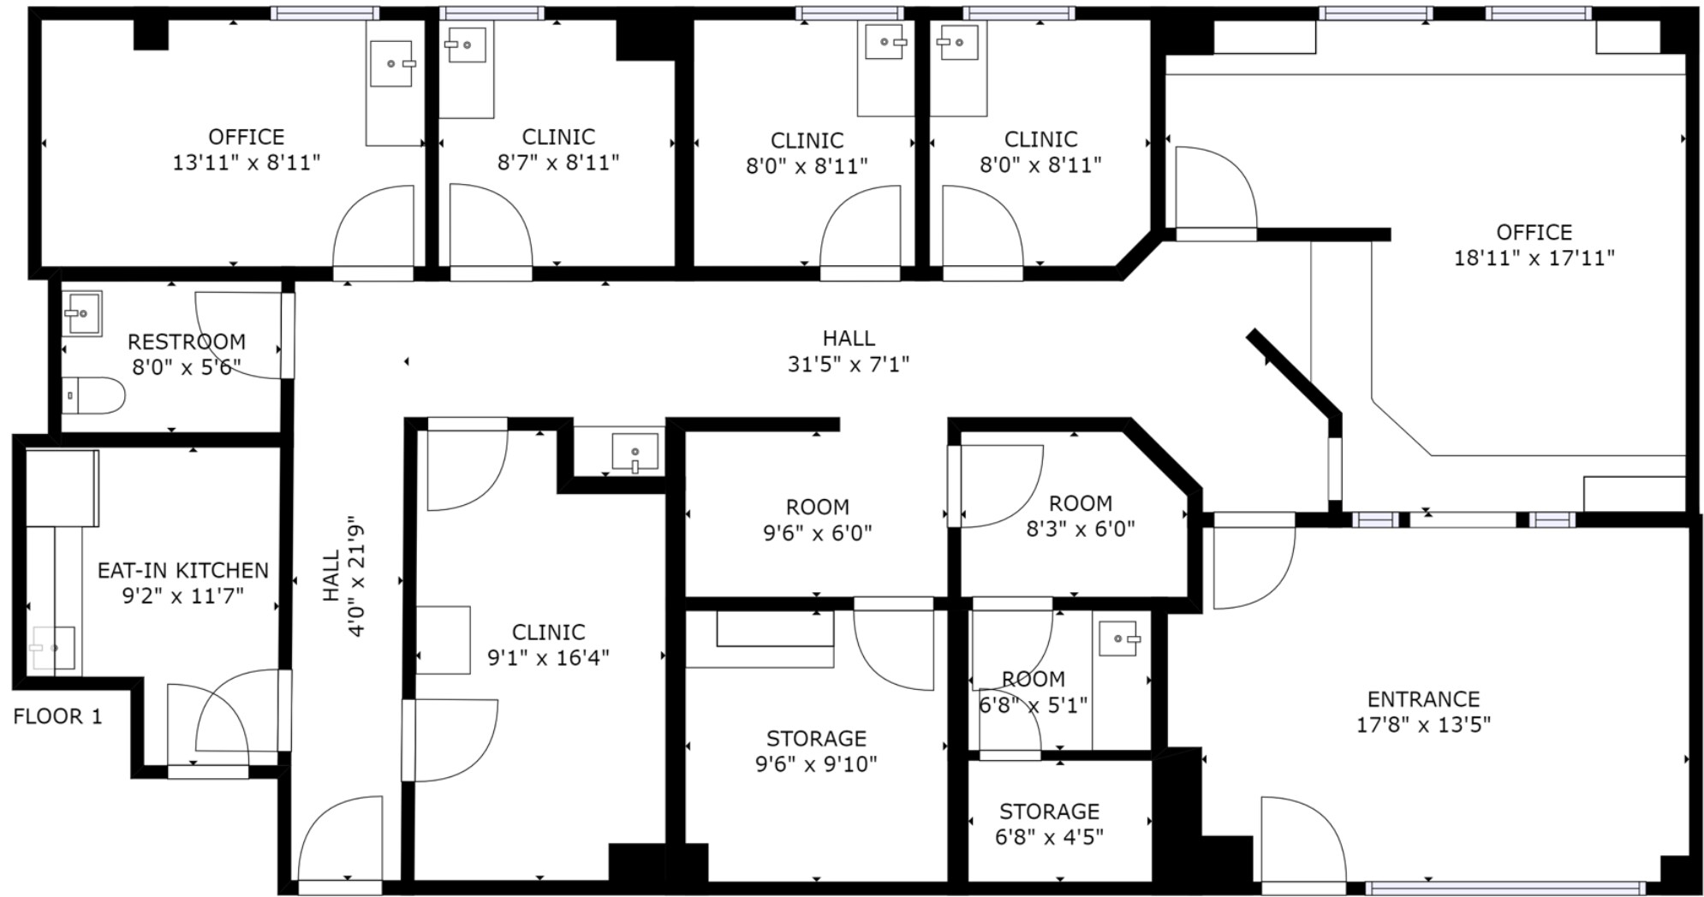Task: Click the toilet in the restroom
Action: [93, 395]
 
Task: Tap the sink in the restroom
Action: [83, 313]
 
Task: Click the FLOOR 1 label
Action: [58, 716]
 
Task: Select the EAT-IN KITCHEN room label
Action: [183, 570]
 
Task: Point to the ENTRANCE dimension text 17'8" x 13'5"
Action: [1423, 724]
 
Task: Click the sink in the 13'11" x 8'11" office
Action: [391, 63]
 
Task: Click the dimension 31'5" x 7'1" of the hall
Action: [848, 364]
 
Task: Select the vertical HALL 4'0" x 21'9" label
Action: [344, 575]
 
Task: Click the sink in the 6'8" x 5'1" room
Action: [1117, 639]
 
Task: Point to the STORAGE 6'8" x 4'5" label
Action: [1049, 823]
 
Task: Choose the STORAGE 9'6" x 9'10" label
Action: [816, 751]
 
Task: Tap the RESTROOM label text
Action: [187, 342]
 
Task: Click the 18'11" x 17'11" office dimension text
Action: [1534, 257]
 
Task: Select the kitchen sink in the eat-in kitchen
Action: [53, 648]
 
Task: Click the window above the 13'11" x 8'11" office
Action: [325, 13]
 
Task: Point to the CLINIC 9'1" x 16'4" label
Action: [548, 645]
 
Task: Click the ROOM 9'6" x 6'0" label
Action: [817, 520]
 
